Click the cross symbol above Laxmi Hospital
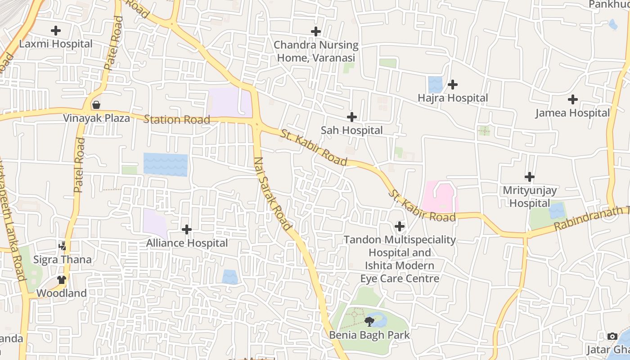coord(56,31)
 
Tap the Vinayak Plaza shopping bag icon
coord(96,105)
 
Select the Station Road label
coord(176,119)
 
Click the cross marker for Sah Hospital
coord(352,117)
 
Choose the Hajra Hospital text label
coord(453,98)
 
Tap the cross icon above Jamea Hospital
coord(573,99)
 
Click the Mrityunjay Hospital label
coord(530,197)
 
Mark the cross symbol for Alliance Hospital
coord(187,229)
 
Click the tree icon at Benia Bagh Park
coord(369,321)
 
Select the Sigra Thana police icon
coord(63,246)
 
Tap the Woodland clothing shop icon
coord(62,280)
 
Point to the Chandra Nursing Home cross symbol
coord(316,31)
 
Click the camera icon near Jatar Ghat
coord(612,336)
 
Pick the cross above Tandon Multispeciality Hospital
coord(399,226)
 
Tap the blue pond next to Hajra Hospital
coord(435,85)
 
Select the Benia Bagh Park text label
coord(369,335)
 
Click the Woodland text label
coord(61,293)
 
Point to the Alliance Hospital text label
coord(187,243)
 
